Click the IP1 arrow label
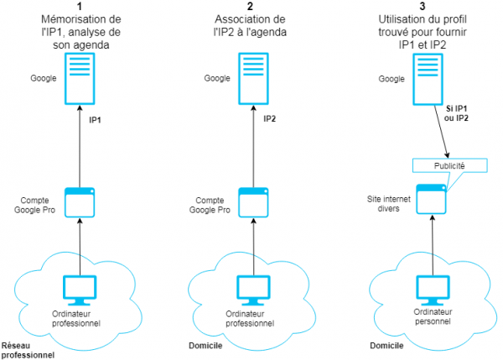(95, 121)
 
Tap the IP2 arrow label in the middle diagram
(269, 121)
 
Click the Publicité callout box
(449, 165)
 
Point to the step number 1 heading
(80, 7)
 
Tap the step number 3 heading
(428, 7)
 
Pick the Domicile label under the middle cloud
(214, 345)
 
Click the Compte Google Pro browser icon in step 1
(79, 202)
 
